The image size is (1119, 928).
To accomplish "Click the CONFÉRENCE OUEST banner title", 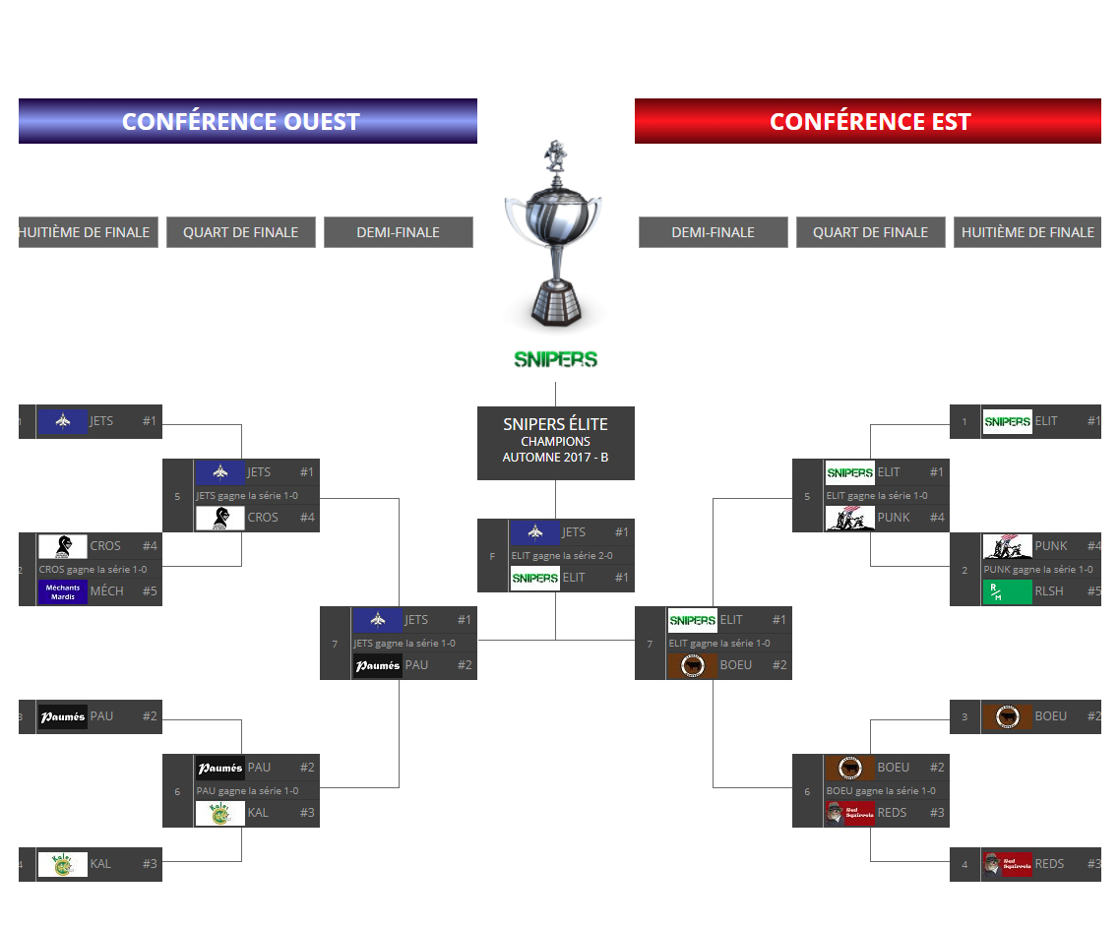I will coord(241,122).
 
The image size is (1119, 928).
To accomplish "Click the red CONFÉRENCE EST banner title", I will coord(870,122).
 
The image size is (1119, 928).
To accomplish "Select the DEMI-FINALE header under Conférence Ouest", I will coord(398,232).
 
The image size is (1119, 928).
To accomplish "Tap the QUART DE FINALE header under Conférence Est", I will coord(870,232).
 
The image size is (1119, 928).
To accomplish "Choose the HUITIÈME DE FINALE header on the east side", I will coord(1027,232).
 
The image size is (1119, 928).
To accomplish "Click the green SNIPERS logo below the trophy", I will coord(555,359).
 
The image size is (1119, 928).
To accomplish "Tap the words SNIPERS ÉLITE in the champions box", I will coord(555,424).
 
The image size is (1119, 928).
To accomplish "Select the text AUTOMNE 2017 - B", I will coord(555,458).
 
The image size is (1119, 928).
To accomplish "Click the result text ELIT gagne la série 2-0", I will coord(562,556).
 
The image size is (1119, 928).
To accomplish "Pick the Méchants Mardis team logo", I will coord(63,592).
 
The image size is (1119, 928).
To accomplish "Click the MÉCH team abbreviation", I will coord(107,591).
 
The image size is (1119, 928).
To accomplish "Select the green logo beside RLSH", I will coord(1007,592).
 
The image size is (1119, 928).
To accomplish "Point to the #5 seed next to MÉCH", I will coord(150,591).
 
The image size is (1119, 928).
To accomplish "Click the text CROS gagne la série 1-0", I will coord(93,570).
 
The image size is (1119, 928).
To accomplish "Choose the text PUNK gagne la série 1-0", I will coord(1037,570).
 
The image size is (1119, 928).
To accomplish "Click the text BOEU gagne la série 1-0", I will coord(881,791).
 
